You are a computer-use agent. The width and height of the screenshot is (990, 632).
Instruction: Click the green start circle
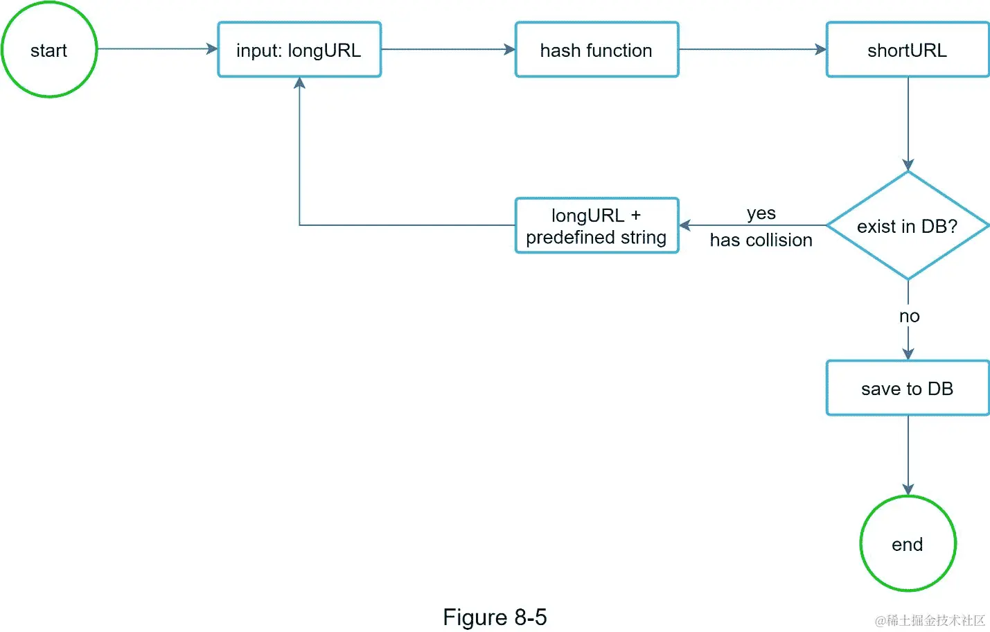(48, 49)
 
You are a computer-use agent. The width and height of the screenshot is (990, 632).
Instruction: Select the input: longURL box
(299, 49)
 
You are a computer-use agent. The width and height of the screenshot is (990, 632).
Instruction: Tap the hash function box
(596, 49)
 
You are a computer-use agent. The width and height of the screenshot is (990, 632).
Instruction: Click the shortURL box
(907, 49)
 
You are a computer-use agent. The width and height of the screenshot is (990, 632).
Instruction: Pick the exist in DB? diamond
(907, 226)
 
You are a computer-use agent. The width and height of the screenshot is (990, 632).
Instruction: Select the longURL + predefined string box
(596, 225)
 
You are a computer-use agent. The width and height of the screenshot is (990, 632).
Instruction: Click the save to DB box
(907, 388)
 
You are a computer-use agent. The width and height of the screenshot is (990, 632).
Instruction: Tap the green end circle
(908, 544)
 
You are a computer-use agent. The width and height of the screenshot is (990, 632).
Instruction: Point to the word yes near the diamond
(761, 213)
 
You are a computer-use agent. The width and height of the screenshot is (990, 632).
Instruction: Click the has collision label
(761, 240)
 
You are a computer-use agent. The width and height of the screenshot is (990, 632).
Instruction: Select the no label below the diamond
(909, 316)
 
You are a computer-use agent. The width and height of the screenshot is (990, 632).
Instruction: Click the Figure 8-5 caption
(495, 617)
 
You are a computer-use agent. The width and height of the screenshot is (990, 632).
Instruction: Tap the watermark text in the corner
(930, 620)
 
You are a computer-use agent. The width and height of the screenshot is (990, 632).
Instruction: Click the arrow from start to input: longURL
(157, 49)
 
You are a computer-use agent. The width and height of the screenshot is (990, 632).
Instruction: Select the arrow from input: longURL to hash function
(448, 49)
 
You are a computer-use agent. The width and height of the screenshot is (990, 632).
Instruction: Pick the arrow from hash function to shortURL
(752, 49)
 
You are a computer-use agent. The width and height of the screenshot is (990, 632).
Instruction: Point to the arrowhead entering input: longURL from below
(299, 83)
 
